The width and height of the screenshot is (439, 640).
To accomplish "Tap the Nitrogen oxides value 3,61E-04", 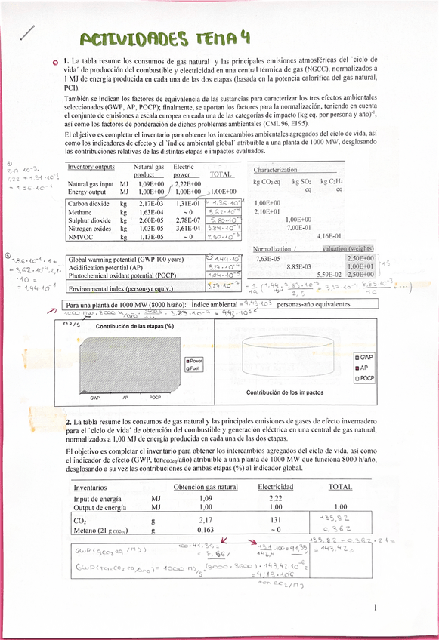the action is tap(188, 227).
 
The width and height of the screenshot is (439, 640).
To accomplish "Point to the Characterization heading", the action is tap(275, 170).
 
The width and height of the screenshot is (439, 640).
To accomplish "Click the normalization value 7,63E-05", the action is tap(267, 259).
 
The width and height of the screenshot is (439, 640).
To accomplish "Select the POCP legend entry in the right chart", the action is tap(366, 377).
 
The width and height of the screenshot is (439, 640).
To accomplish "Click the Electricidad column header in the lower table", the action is tap(275, 487).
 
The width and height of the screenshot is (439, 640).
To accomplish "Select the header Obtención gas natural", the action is tap(206, 487).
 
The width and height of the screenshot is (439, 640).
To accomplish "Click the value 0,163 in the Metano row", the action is tap(206, 531).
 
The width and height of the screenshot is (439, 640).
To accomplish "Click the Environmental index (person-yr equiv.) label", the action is tap(122, 288).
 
